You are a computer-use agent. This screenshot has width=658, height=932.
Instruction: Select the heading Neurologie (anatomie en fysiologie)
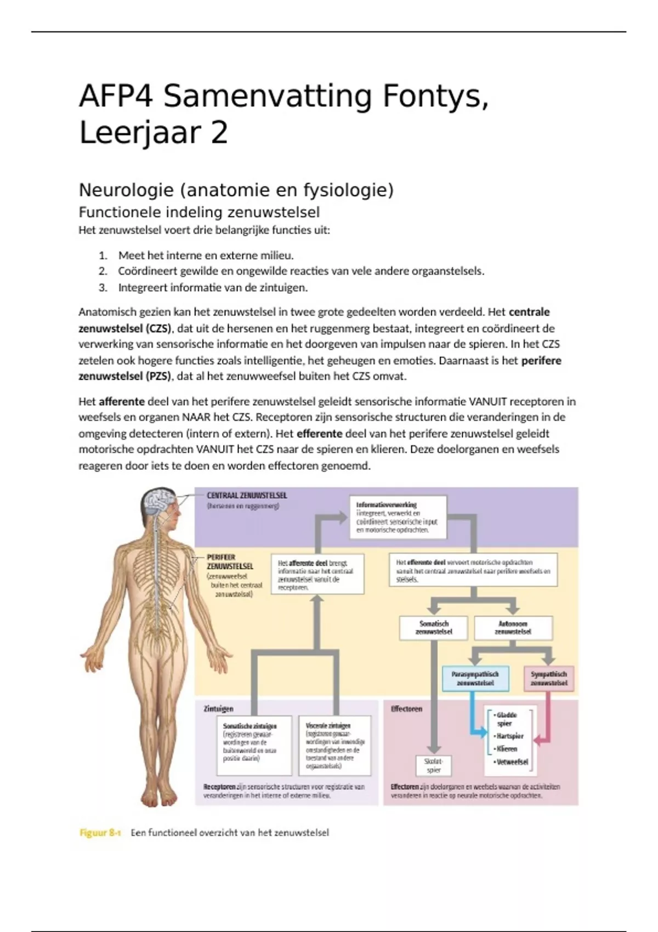[x=236, y=190]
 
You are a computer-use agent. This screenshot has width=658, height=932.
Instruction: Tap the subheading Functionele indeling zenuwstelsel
[x=199, y=212]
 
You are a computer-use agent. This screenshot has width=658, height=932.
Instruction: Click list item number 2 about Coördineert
[x=300, y=271]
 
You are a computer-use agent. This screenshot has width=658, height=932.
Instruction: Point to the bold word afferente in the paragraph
[x=121, y=401]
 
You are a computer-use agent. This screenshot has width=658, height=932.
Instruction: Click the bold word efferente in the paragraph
[x=319, y=433]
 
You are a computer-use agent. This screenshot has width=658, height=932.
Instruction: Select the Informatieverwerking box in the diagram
[x=398, y=517]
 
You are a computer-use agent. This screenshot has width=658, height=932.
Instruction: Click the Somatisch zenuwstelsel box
[x=434, y=628]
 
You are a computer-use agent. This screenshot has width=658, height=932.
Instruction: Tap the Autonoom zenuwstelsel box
[x=513, y=628]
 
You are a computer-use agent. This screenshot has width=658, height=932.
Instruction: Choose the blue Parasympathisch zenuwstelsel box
[x=475, y=679]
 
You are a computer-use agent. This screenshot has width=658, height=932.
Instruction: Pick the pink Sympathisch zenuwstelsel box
[x=548, y=679]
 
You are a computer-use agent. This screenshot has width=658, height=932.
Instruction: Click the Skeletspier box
[x=434, y=765]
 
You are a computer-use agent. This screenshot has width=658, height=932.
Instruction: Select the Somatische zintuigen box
[x=254, y=744]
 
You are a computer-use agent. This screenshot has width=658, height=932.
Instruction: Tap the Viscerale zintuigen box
[x=334, y=745]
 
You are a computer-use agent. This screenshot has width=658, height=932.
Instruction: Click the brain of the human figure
[x=159, y=501]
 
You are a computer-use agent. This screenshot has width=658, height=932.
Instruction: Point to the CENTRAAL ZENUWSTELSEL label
[x=247, y=495]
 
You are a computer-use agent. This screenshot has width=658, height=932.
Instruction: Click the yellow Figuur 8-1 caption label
[x=100, y=833]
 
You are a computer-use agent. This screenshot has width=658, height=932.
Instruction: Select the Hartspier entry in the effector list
[x=510, y=736]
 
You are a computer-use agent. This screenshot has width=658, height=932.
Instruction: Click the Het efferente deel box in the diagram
[x=473, y=570]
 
